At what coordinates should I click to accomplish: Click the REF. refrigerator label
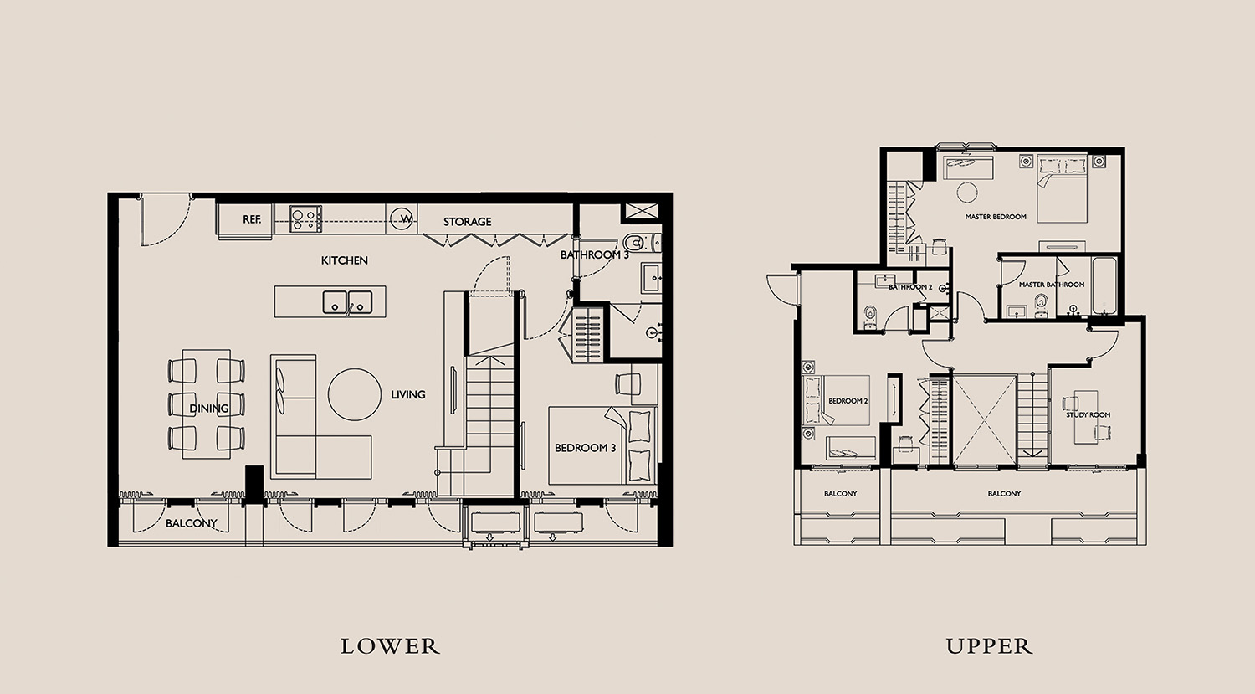[x=252, y=219]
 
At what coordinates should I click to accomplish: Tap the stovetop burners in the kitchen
[x=306, y=218]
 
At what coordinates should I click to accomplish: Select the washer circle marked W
[x=402, y=218]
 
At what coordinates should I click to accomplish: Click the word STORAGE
[x=467, y=222]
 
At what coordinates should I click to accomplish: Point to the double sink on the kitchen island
[x=347, y=301]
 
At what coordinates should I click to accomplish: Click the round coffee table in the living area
[x=355, y=394]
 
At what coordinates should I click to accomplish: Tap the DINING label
[x=209, y=409]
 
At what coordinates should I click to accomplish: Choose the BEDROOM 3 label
[x=585, y=448]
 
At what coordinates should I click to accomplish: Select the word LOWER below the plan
[x=391, y=646]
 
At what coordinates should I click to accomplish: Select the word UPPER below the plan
[x=989, y=646]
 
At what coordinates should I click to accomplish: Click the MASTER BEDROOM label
[x=996, y=217]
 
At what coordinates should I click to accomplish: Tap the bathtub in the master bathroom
[x=1104, y=286]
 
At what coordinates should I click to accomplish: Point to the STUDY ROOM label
[x=1088, y=415]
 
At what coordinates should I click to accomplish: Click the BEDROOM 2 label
[x=848, y=401]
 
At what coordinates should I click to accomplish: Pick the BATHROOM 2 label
[x=910, y=288]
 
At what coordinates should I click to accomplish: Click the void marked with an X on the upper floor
[x=985, y=420]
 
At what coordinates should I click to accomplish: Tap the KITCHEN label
[x=345, y=260]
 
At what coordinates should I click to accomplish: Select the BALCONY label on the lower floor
[x=191, y=523]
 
